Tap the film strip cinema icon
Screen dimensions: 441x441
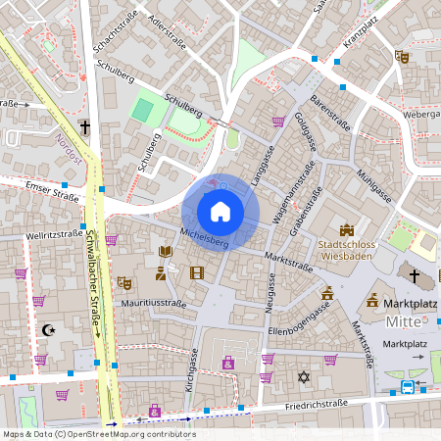(x=197, y=272)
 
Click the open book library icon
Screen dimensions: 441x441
(x=165, y=252)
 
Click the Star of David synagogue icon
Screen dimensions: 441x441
(x=303, y=376)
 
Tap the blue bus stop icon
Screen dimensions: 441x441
(x=407, y=386)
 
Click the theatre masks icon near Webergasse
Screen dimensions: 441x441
(x=401, y=57)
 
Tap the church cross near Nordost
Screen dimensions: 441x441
(x=85, y=127)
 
